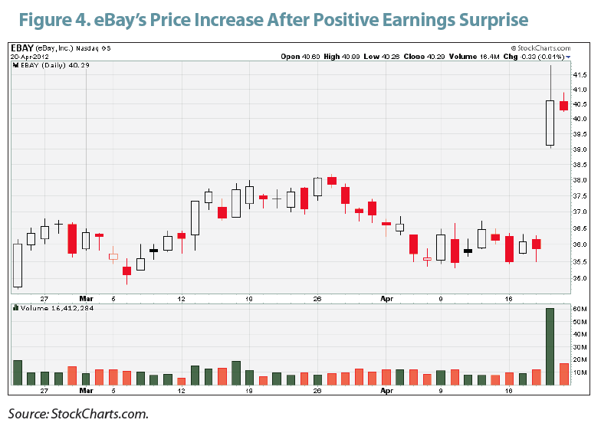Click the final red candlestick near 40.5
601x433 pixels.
pyautogui.click(x=563, y=107)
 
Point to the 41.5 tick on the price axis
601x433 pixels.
pyautogui.click(x=579, y=75)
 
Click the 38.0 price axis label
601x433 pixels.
pyautogui.click(x=579, y=181)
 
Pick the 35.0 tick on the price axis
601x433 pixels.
pyautogui.click(x=579, y=278)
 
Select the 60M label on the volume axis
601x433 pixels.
pyautogui.click(x=580, y=308)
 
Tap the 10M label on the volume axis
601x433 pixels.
pyautogui.click(x=580, y=372)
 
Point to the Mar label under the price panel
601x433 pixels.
pyautogui.click(x=87, y=299)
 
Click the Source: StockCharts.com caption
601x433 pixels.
pyautogui.click(x=77, y=415)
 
